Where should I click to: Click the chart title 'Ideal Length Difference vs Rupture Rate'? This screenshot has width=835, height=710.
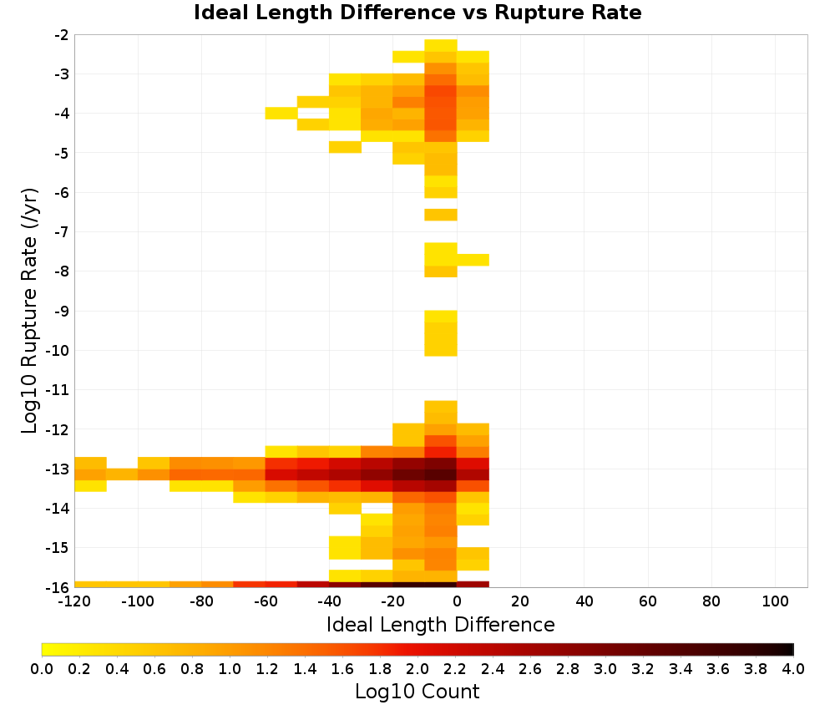coord(417,13)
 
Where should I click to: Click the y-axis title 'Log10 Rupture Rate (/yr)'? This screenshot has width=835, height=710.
coord(29,311)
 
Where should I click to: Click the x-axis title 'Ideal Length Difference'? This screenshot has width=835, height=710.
coord(440,624)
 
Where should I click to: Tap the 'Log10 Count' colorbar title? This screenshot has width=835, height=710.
coord(417,692)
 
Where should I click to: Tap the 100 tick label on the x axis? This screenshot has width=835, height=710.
coord(776,602)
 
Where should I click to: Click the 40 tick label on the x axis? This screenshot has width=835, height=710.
coord(584,602)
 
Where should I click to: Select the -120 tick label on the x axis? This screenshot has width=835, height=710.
coord(74,602)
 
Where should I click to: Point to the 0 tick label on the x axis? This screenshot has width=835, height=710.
coord(457,602)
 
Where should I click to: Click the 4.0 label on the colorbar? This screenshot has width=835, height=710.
coord(793,669)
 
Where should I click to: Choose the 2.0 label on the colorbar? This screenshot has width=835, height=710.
coord(417,669)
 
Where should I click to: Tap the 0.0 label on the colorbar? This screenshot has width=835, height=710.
coord(42,669)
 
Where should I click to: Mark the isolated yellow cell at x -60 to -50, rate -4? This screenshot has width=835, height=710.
coord(281,113)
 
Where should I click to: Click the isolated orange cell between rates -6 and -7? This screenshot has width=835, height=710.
coord(441,215)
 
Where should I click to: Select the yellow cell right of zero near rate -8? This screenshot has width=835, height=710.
coord(473,260)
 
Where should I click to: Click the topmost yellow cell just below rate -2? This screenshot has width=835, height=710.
coord(441,45)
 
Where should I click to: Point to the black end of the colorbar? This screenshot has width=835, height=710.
coord(792,649)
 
